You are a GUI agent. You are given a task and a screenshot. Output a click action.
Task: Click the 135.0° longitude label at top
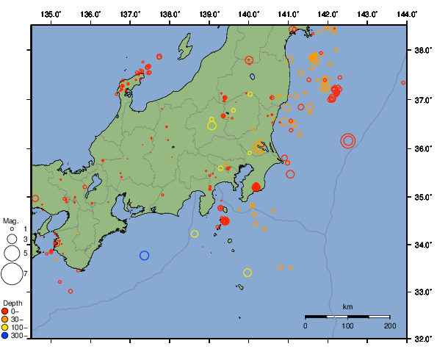point(51,14)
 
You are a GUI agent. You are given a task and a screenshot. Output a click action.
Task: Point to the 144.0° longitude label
point(407,14)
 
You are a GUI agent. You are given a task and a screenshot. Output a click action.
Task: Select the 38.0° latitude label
point(422,51)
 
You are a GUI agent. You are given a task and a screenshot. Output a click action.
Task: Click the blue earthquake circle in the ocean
point(145,256)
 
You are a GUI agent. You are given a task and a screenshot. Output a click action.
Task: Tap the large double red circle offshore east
point(348,140)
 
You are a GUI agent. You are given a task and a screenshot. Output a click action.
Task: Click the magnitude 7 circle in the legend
point(11,274)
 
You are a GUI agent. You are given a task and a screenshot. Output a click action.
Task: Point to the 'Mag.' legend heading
point(10,220)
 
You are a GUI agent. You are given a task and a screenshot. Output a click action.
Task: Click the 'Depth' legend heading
point(12,303)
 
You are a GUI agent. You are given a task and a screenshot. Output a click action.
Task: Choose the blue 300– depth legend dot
point(5,335)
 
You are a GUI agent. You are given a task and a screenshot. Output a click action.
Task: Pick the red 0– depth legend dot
point(5,311)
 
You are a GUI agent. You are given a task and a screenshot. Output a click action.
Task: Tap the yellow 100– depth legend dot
point(5,327)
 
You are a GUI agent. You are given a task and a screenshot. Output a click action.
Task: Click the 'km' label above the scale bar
point(347,306)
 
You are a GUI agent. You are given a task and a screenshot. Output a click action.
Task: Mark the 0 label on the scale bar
point(306,325)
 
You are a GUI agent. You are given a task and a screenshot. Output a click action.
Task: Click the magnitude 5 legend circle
point(11,253)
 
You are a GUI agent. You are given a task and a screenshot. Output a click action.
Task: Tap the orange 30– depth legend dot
point(5,319)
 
